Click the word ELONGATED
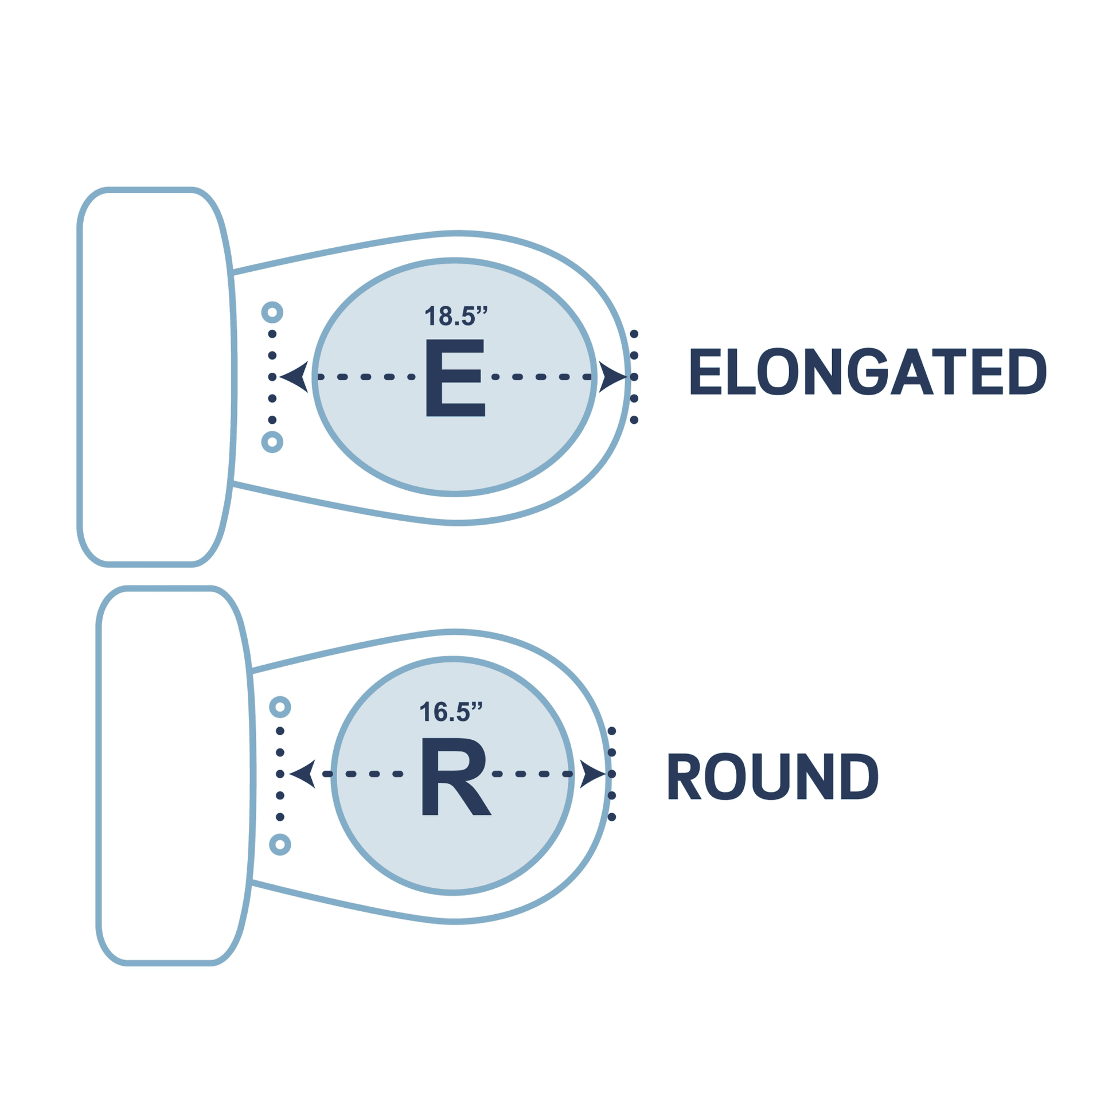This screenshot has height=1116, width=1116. coord(868,372)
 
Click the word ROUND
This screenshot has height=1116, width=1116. coord(772,776)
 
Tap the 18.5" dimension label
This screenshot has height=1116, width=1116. coord(456,316)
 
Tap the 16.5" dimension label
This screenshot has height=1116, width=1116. coord(451,712)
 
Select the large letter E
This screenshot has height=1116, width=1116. coord(455,377)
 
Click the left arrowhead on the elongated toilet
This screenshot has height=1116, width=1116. coord(296,377)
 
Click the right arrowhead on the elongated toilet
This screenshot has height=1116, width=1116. coord(611,377)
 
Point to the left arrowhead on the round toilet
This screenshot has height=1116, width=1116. coord(304,774)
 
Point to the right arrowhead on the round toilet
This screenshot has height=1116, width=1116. coord(591,774)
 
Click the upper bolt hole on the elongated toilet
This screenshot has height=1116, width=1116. coord(272,313)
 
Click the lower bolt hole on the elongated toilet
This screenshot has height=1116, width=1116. coord(272,442)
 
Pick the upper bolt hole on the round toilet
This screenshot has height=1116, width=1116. coord(280,707)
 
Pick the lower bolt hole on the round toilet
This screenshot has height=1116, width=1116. coord(280,845)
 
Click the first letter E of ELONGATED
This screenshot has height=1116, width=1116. coord(705,372)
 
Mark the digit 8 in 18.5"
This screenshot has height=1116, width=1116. coord(445,317)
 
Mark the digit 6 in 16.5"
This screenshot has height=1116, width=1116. coord(440,712)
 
